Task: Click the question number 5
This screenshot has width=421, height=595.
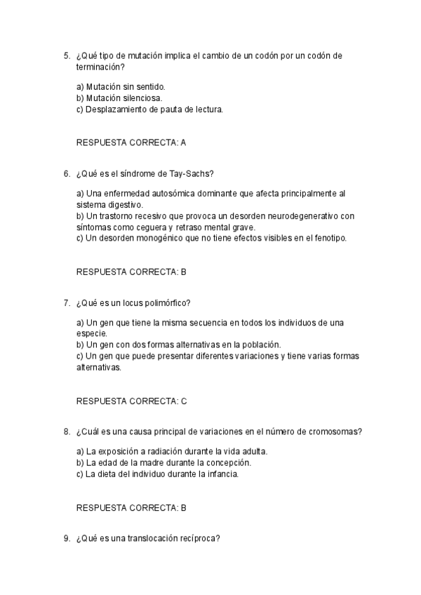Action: click(x=66, y=55)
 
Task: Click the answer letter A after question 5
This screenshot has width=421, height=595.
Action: click(x=183, y=142)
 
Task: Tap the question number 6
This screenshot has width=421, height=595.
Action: click(x=66, y=173)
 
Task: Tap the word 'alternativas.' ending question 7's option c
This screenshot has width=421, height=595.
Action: click(x=98, y=367)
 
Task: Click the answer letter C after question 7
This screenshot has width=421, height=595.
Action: click(x=184, y=401)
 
